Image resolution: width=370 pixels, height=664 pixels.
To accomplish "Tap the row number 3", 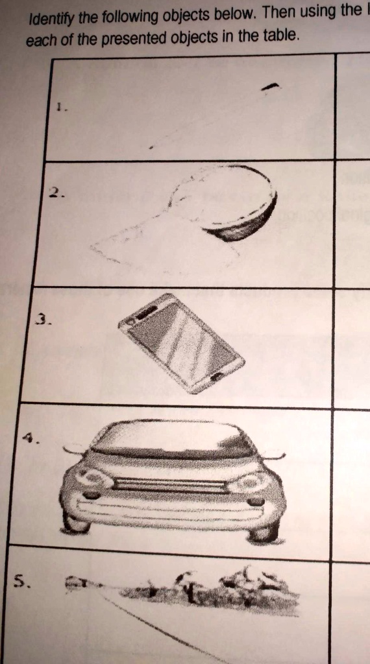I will (42, 319).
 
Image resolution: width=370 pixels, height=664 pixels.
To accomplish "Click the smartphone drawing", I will (181, 342).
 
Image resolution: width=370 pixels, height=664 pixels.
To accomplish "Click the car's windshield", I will (172, 439).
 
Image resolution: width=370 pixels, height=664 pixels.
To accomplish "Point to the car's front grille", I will (171, 485).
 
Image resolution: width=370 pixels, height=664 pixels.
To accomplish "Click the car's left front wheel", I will (75, 522).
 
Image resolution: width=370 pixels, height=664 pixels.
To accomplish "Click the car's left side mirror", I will (73, 449).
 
